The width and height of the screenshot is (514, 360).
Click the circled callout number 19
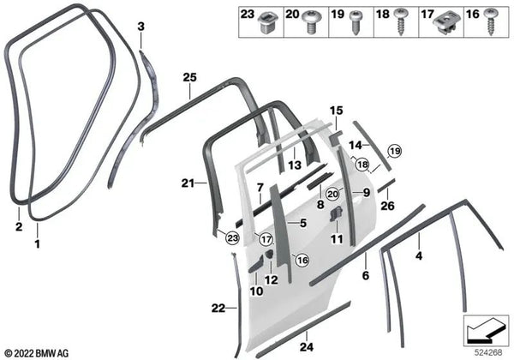(394, 151)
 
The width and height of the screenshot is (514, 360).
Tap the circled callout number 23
(232, 238)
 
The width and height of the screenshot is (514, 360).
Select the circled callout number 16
(302, 260)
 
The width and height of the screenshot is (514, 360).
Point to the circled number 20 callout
(332, 194)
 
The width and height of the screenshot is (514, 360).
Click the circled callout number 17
(266, 239)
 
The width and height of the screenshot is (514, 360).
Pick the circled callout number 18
(362, 165)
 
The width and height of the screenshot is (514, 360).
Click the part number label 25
(190, 77)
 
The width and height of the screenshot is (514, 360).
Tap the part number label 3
(140, 27)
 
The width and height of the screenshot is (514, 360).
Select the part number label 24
(307, 346)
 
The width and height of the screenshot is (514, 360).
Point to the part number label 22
(218, 309)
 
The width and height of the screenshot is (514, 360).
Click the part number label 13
(295, 165)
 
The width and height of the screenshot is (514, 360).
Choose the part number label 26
(387, 206)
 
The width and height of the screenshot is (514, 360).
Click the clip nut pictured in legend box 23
(269, 22)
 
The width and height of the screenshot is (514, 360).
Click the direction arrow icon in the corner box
(486, 331)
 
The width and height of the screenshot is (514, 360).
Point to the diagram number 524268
(488, 352)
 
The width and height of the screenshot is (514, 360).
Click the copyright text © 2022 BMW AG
(37, 353)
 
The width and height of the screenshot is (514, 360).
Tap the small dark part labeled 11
(335, 215)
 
